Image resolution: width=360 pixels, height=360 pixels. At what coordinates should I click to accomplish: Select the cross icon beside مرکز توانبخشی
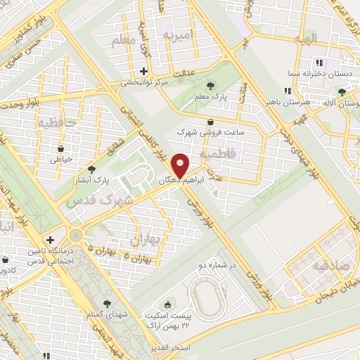click(143, 71)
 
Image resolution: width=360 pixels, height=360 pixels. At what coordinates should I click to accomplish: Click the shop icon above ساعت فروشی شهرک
click(211, 122)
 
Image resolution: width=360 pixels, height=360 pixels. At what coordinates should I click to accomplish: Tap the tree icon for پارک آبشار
click(91, 169)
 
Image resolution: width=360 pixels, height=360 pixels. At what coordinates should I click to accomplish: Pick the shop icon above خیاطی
click(60, 148)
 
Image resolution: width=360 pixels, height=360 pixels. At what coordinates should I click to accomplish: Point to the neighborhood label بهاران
click(147, 240)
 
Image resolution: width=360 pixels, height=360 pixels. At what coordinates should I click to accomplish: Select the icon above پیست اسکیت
click(167, 304)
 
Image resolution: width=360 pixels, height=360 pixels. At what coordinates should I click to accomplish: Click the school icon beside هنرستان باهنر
click(286, 91)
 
